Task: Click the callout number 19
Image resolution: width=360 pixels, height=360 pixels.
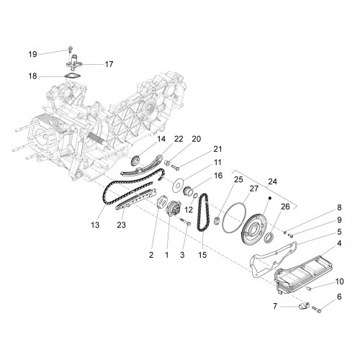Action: [x=33, y=54]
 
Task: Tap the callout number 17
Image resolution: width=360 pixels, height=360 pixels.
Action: [x=109, y=64]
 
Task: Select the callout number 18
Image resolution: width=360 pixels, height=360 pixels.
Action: [x=33, y=76]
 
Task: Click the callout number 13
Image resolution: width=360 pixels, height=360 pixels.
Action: [x=95, y=225]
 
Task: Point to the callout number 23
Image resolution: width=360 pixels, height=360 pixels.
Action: [x=121, y=225]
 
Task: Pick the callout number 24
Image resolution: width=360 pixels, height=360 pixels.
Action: [x=272, y=181]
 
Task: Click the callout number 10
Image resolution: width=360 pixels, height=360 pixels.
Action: [x=339, y=281]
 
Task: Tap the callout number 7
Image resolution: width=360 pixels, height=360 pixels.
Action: [x=275, y=306]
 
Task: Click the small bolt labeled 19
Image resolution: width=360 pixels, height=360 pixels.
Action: [x=70, y=49]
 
